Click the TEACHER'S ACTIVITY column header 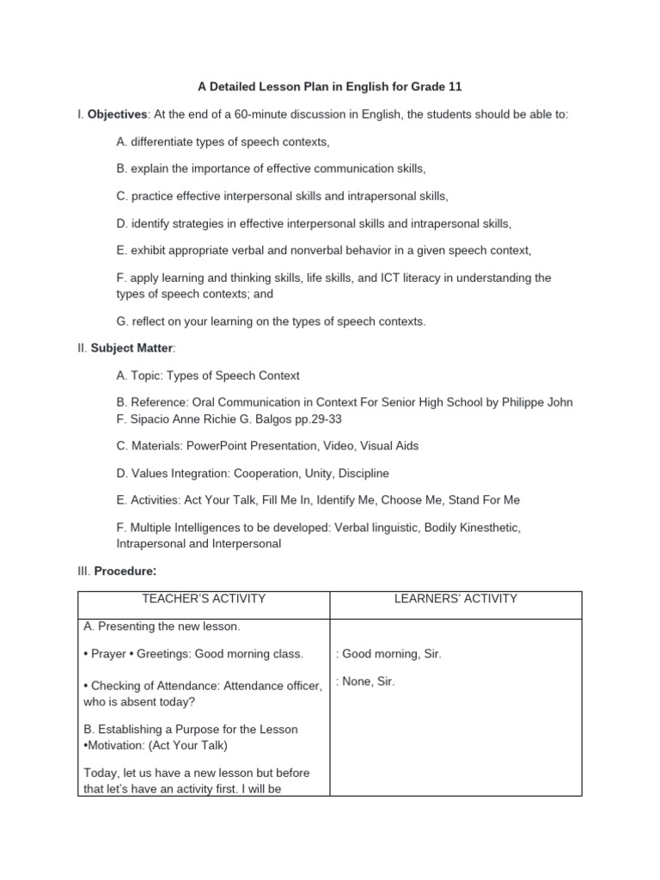click(x=204, y=599)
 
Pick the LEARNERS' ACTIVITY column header click(x=455, y=599)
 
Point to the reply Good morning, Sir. click(x=390, y=654)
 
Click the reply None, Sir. click(x=367, y=681)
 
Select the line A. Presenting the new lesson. click(x=162, y=626)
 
